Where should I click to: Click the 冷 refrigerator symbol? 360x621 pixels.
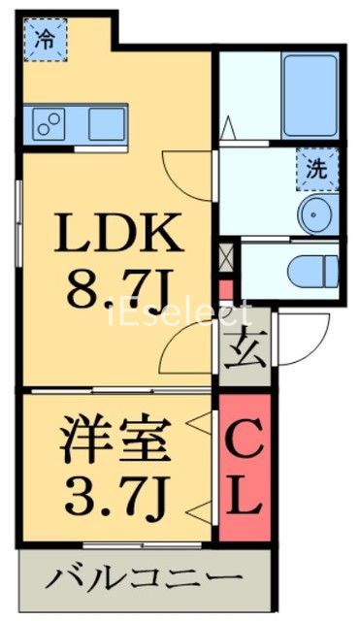44,40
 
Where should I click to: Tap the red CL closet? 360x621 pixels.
244,467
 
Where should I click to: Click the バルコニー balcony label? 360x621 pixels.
144,581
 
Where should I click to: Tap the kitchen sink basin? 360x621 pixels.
107,123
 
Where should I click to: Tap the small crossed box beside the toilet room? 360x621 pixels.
227,256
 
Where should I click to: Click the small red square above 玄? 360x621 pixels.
226,288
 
